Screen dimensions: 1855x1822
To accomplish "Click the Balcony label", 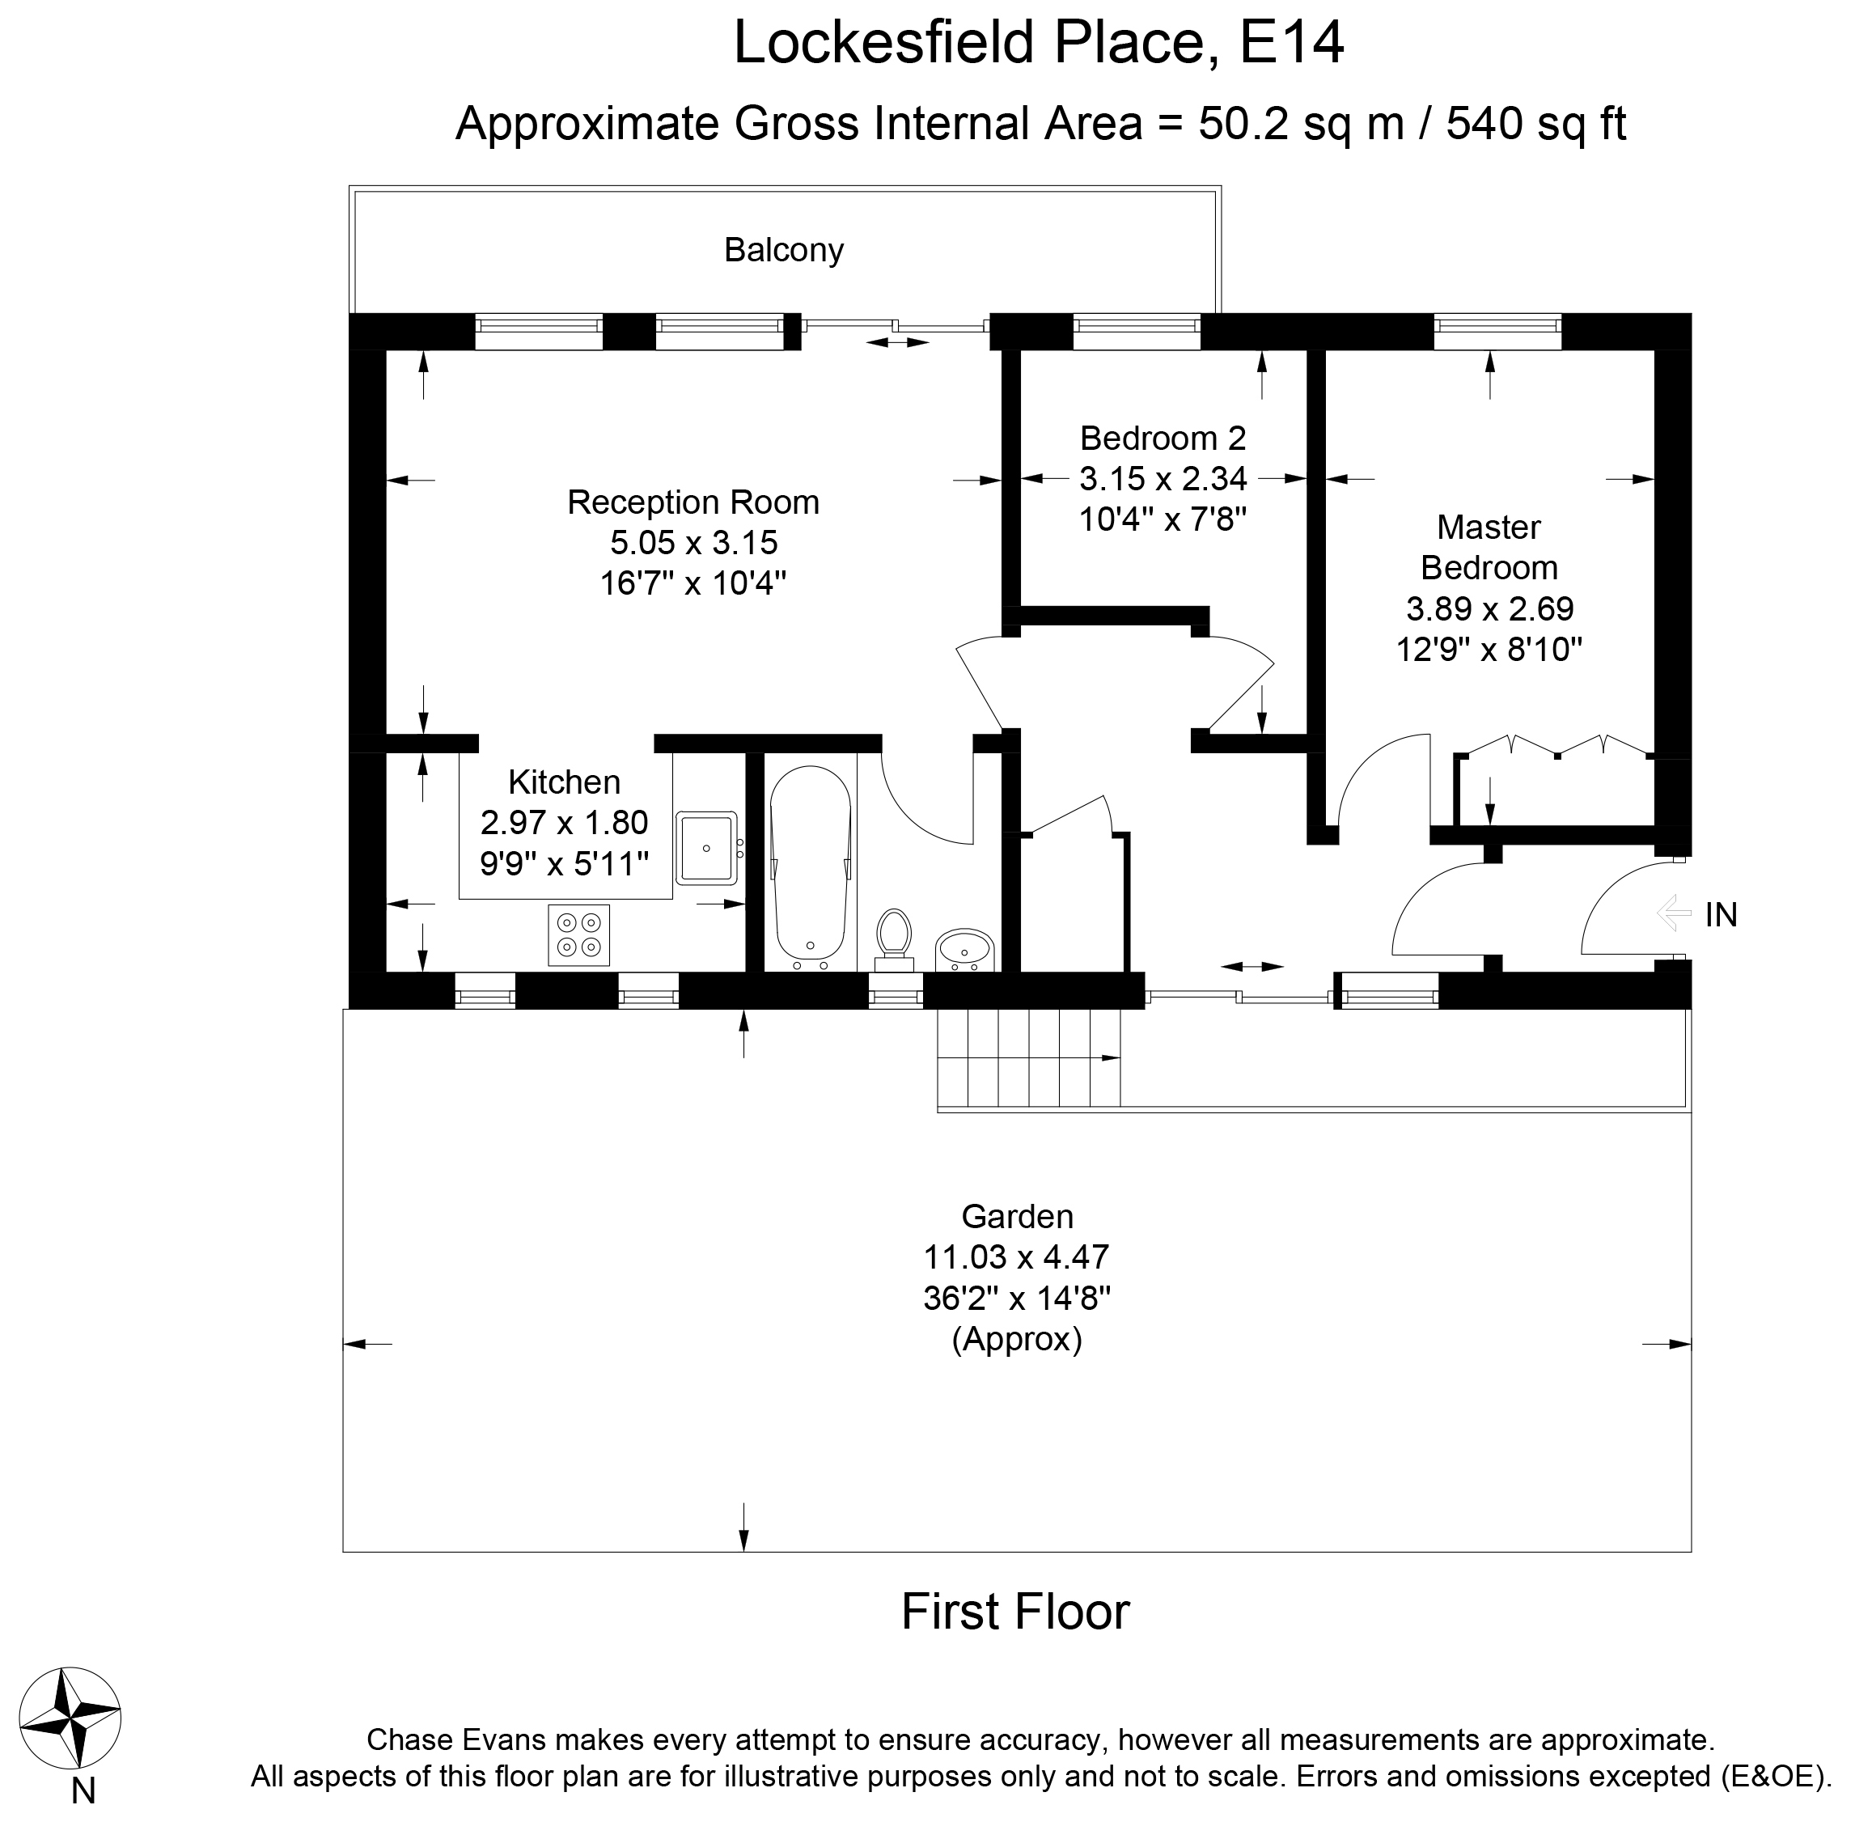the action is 784,251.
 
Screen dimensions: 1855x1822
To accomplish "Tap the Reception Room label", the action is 692,502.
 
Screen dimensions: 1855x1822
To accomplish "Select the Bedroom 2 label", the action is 1163,439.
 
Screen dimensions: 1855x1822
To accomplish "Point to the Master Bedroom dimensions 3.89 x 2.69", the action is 1489,608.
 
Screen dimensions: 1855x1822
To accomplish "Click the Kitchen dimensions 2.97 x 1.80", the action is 564,823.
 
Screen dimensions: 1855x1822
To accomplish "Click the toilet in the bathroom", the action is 894,935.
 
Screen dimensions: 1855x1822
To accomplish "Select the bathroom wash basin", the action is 964,949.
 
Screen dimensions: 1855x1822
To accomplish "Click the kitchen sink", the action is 707,847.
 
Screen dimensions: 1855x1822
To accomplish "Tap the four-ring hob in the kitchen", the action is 578,935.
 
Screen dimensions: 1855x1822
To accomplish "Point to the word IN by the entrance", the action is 1721,916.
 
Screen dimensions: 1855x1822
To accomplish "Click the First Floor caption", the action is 1015,1612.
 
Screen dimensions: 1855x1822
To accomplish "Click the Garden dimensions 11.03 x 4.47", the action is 1015,1256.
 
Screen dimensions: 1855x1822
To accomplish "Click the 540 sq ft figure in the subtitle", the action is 1535,124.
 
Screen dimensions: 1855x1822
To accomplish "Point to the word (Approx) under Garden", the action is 1016,1339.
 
